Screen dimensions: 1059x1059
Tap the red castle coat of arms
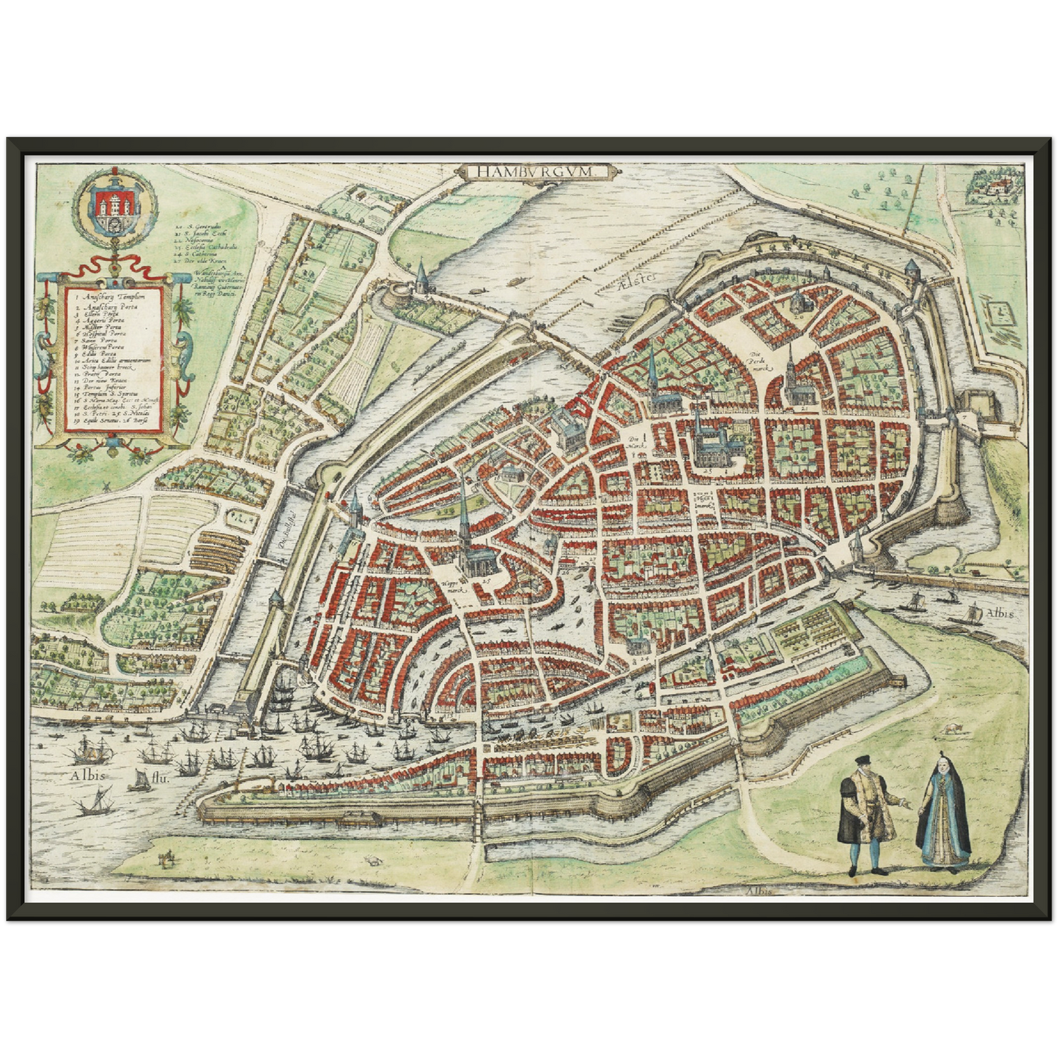click(x=114, y=206)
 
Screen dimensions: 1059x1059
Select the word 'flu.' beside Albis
click(x=160, y=779)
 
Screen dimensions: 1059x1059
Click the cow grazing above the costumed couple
click(x=953, y=728)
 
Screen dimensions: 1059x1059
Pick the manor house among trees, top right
click(x=992, y=190)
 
